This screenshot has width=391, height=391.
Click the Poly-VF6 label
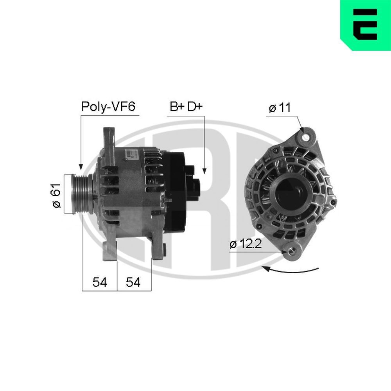[x=108, y=107]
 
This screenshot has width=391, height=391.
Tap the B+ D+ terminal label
[x=186, y=107]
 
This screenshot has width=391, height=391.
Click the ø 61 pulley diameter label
[x=56, y=195]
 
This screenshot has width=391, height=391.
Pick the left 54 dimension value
[x=100, y=283]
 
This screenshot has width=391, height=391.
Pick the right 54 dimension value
[x=133, y=283]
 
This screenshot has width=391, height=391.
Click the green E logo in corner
[x=365, y=25]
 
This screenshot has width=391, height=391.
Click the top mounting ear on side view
[x=108, y=137]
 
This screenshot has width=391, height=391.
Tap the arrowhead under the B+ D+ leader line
[x=204, y=170]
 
